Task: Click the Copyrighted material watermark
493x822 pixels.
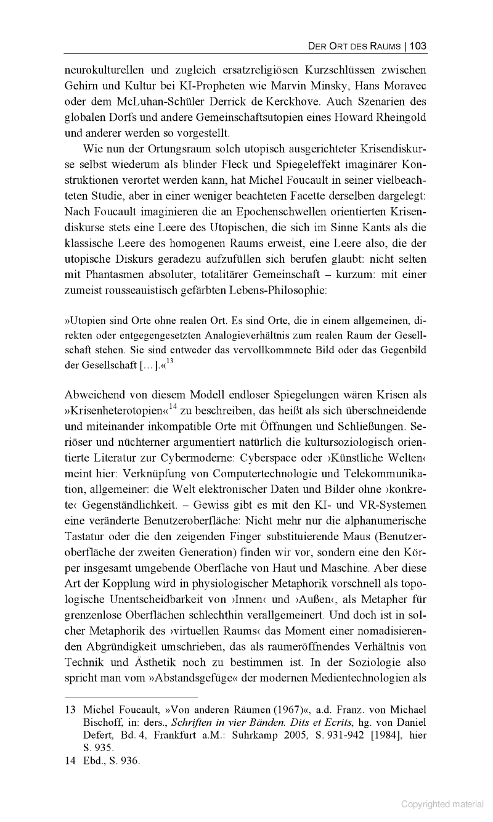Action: [442, 804]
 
